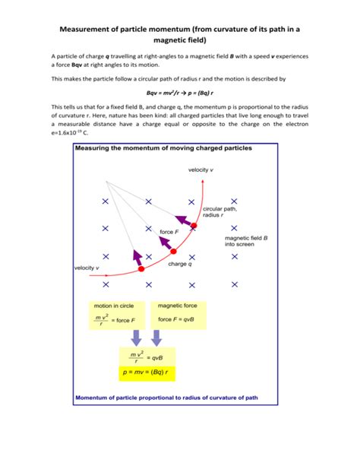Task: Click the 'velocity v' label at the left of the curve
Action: pyautogui.click(x=87, y=268)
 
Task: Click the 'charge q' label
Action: pyautogui.click(x=180, y=264)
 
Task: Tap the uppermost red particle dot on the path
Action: pyautogui.click(x=194, y=226)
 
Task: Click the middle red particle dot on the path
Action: pyautogui.click(x=172, y=252)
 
